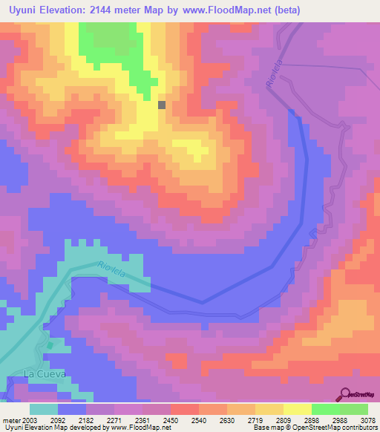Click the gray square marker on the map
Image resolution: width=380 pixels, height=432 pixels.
pyautogui.click(x=162, y=105)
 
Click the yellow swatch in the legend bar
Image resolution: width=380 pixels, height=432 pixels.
pyautogui.click(x=296, y=409)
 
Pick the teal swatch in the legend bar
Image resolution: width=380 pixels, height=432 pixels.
pyautogui.click(x=44, y=409)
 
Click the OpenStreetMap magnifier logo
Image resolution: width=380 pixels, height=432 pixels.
pyautogui.click(x=344, y=394)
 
